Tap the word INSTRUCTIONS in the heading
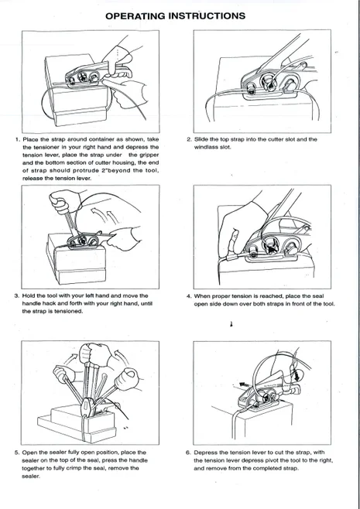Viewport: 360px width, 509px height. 207,15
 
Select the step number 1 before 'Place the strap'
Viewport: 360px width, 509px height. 17,139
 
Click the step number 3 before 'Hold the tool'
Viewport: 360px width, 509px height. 17,295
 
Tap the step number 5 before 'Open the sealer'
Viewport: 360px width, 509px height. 17,452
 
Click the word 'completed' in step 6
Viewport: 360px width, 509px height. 261,467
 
